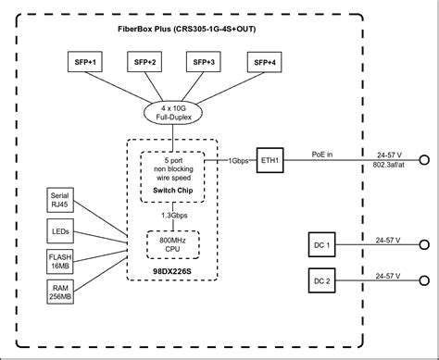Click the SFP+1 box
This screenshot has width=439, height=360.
click(86, 62)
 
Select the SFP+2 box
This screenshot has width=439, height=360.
click(144, 62)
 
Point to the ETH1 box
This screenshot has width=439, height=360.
click(270, 158)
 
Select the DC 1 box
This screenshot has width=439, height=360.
click(320, 246)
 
